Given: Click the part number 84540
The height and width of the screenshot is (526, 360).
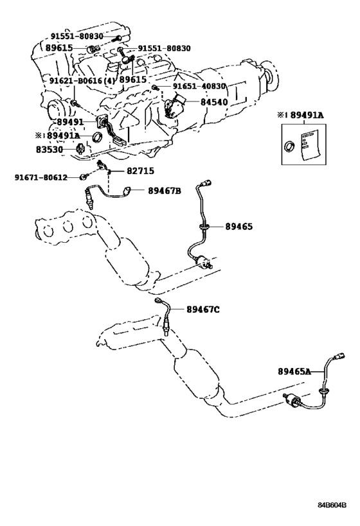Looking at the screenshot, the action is tap(214, 102).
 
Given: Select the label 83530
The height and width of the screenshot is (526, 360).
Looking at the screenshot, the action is tap(50, 149).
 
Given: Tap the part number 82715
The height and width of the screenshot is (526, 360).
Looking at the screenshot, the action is tap(140, 171).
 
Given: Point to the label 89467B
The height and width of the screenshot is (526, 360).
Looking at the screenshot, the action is tap(165, 191).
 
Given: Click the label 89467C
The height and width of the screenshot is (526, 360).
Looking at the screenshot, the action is tap(203, 310).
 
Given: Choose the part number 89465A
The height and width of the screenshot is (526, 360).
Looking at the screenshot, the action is tap(294, 371).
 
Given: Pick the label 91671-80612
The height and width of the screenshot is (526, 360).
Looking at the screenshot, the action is tap(41, 177).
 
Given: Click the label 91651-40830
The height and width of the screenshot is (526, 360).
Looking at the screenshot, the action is tap(199, 86).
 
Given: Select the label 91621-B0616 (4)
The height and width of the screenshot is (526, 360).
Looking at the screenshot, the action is tap(82, 80).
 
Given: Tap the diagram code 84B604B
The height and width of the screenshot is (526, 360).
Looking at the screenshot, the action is tap(332, 505).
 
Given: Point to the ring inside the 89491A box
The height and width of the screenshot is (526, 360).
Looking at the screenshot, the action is tap(289, 146).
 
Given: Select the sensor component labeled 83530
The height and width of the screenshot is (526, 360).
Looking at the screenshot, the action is tap(80, 148).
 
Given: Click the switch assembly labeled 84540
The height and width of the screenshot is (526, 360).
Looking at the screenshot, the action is tap(175, 106).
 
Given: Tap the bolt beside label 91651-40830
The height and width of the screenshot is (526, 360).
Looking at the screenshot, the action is tap(155, 87).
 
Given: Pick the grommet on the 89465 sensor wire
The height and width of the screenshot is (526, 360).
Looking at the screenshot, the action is tap(204, 227).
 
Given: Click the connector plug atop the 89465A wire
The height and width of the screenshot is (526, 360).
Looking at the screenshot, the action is tap(339, 356).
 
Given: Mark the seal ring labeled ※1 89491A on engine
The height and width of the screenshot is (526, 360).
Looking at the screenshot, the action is tap(97, 136).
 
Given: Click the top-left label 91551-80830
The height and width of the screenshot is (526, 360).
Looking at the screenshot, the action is tap(77, 36).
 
